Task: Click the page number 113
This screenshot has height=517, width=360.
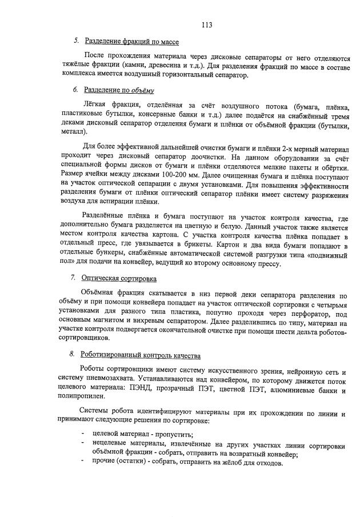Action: [207, 25]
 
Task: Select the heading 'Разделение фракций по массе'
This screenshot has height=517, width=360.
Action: [131, 42]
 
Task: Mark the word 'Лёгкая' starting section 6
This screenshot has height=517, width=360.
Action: [97, 106]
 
